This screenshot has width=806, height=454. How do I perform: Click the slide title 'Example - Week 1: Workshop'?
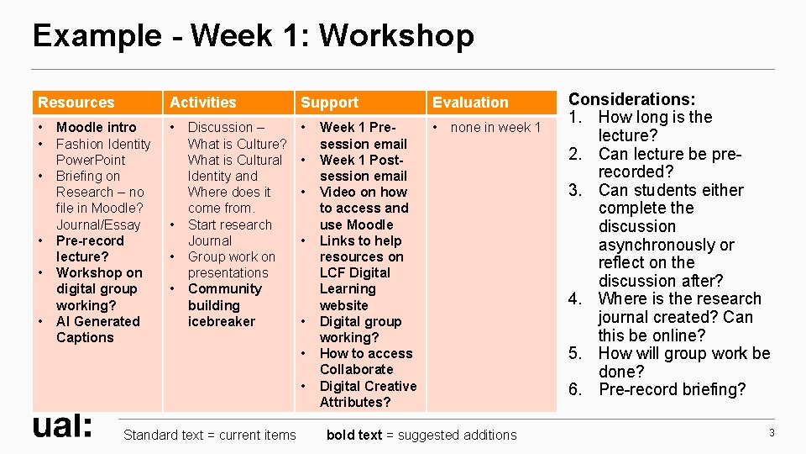(253, 36)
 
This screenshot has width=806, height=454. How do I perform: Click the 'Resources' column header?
(76, 103)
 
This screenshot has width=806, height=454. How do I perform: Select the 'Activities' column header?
(203, 103)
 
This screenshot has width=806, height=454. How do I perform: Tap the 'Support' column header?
(329, 103)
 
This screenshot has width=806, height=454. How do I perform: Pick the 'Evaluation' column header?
(470, 103)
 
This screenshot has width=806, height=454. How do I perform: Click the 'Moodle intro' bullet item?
(96, 128)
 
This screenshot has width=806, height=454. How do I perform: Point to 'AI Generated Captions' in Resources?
(97, 330)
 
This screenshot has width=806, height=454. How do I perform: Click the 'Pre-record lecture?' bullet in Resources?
(89, 249)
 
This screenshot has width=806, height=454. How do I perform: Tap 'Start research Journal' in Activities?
(228, 233)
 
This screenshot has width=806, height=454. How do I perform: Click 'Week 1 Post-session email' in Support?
(363, 168)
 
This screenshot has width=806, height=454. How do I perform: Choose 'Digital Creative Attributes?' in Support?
(367, 394)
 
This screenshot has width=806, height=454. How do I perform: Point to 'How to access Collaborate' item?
(365, 362)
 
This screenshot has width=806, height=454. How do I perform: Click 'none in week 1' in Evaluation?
(495, 128)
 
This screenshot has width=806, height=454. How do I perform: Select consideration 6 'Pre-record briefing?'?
(671, 389)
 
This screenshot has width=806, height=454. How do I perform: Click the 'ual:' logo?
(62, 426)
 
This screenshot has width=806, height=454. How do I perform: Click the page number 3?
(771, 432)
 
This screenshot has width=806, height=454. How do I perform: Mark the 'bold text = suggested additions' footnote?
(421, 435)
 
